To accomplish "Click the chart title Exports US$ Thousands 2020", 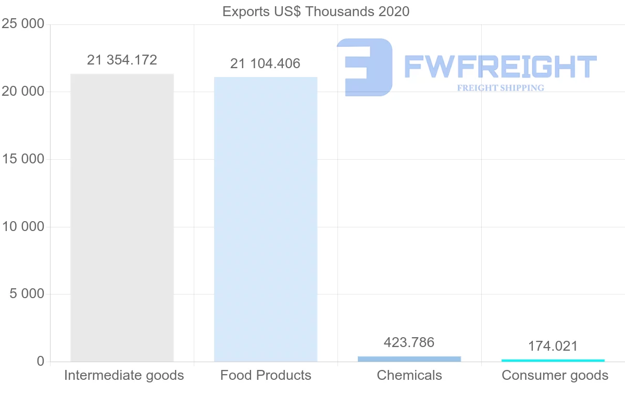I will tap(316, 11).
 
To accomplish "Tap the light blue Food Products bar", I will tap(266, 219).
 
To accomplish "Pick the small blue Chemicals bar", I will tap(409, 358).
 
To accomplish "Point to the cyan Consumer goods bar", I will tap(553, 360).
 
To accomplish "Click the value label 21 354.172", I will tap(122, 60).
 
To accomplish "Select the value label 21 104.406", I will tap(265, 63).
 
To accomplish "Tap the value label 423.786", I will tap(409, 342).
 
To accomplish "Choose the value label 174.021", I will tap(553, 346).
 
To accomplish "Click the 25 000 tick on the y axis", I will tap(22, 24).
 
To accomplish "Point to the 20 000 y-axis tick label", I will tap(22, 92).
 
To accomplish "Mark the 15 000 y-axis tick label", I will tap(22, 159).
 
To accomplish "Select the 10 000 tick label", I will tap(22, 227).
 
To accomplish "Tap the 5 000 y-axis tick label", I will tap(27, 294).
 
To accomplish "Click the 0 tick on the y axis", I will tap(41, 362).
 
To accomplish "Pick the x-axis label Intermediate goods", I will tap(124, 375).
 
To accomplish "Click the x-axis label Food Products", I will tap(266, 375).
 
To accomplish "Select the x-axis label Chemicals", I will tap(409, 375).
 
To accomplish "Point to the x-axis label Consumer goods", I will tap(555, 375).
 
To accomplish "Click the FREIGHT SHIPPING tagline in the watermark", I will tap(501, 88).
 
